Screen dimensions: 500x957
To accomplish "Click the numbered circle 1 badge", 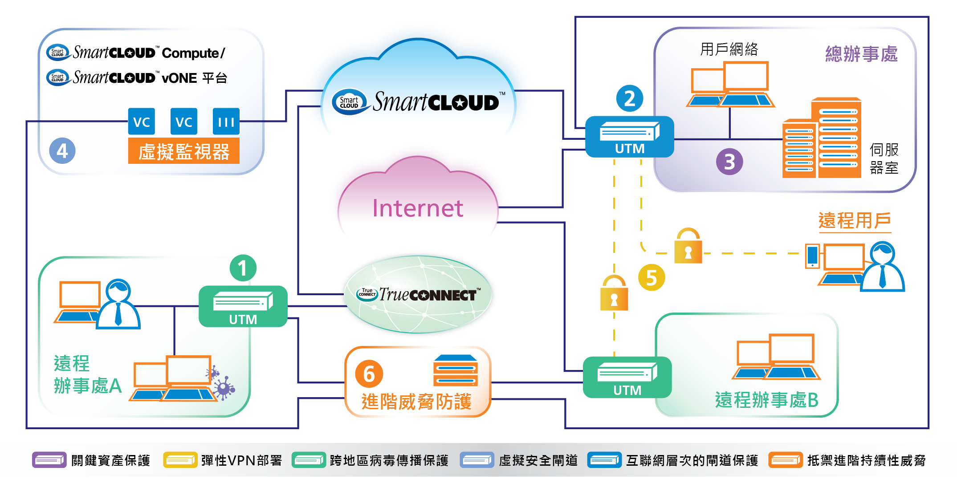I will coord(243,268).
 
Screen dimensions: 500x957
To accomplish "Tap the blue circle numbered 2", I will coord(629,98).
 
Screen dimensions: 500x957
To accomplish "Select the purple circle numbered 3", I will coord(729,162).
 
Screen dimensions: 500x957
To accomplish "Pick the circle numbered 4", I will coord(62,151).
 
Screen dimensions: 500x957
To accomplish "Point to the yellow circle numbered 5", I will coord(652,277).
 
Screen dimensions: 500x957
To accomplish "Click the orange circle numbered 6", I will coord(369,374).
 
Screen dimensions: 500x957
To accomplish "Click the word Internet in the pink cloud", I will coord(417,208).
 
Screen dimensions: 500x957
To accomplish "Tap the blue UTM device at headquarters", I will coord(629,137).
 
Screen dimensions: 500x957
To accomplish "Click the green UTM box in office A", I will coord(243,306).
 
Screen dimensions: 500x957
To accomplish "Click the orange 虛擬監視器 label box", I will coord(183,151).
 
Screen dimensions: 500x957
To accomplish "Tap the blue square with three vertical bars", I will coord(226,122).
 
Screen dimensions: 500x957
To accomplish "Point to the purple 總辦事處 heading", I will coord(861,54).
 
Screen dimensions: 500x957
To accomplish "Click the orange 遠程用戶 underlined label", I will coord(855,221).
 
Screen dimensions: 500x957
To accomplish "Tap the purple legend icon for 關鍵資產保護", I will coord(49,460).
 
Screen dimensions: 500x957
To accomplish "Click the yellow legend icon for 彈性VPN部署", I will coord(180,460).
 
